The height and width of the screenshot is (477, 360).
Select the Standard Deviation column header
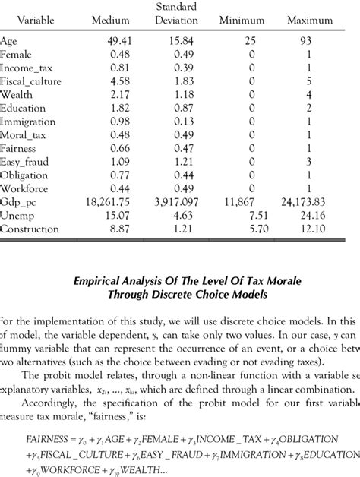pos(176,14)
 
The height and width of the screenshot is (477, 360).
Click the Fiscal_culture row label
pos(31,81)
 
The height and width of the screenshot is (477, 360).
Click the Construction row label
pos(30,229)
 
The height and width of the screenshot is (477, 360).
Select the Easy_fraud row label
pos(26,161)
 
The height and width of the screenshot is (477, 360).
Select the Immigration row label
pos(27,121)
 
